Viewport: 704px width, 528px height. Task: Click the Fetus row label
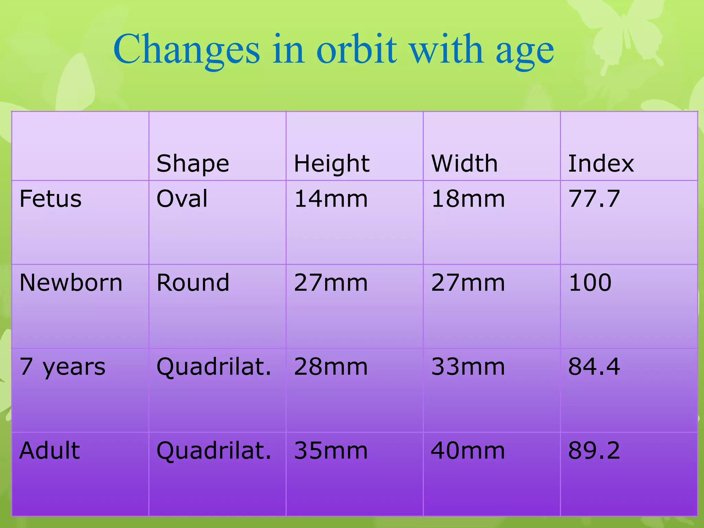51,199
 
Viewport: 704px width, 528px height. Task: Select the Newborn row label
71,283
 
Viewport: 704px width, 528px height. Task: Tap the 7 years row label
62,367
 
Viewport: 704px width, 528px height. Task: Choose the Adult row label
49,450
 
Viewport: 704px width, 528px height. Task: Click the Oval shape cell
182,199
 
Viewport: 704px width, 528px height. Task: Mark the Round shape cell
192,283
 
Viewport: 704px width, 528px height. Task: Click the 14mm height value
331,199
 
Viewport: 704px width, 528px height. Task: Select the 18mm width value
468,199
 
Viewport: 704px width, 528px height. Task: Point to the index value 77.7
594,199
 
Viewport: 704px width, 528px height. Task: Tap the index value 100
590,283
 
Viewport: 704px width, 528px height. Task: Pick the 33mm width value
468,367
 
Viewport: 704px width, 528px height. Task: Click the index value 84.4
594,367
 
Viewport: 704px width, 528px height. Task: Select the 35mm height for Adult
331,450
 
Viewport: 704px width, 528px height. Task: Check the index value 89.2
594,450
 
